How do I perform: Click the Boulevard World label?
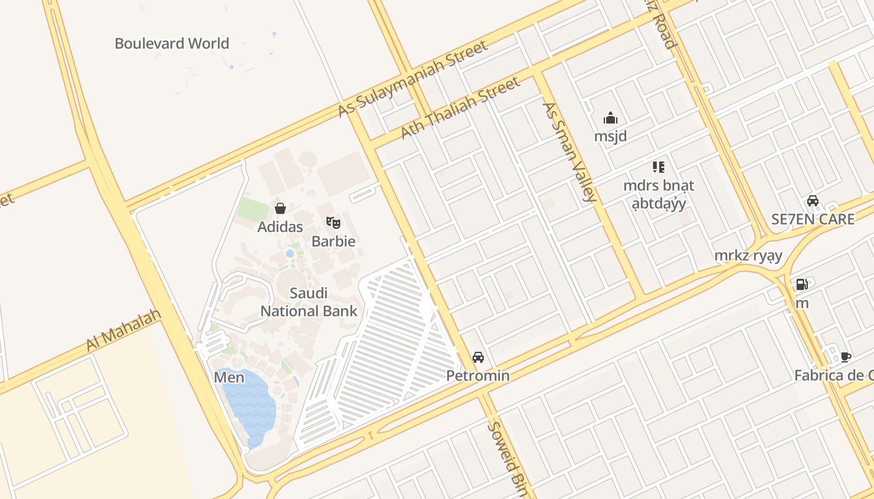click(x=172, y=44)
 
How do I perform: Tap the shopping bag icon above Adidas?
click(x=280, y=208)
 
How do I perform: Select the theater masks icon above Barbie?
click(x=333, y=223)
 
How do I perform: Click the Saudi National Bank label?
click(x=309, y=302)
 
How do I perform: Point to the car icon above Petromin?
click(x=478, y=357)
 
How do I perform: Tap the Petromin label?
click(x=478, y=375)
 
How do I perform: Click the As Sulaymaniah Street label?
click(x=413, y=79)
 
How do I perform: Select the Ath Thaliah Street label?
click(x=459, y=108)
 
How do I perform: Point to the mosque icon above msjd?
click(x=610, y=118)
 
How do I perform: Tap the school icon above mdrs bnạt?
click(x=658, y=167)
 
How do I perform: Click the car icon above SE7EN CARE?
click(x=812, y=201)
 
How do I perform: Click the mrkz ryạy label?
click(x=749, y=256)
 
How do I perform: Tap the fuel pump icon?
click(x=802, y=285)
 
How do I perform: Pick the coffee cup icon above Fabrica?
click(x=845, y=357)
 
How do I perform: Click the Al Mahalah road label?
click(x=123, y=329)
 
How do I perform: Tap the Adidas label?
click(x=280, y=226)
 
